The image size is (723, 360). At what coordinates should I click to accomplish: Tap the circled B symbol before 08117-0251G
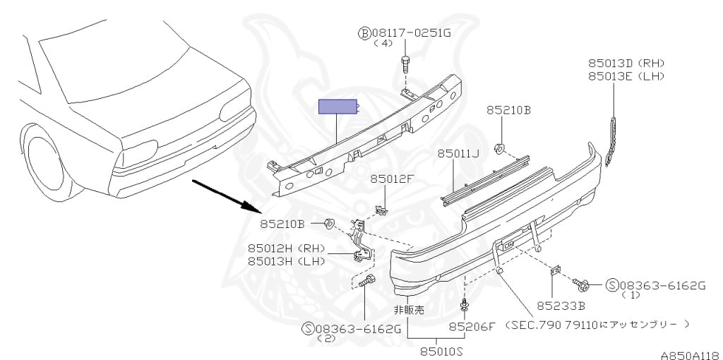(x=364, y=32)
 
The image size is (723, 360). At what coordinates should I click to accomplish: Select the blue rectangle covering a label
(x=337, y=107)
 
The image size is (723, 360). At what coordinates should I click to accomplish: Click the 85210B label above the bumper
(x=508, y=111)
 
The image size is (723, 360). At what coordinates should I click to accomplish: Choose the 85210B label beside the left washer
(x=282, y=224)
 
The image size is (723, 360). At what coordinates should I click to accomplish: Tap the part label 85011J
(x=458, y=153)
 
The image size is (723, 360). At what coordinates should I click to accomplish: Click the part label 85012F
(x=394, y=179)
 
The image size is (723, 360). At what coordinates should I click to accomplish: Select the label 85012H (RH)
(x=285, y=248)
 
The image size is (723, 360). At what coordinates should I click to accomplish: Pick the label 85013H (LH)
(x=285, y=260)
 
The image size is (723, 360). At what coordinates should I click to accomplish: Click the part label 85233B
(x=561, y=306)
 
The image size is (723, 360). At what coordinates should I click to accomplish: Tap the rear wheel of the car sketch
(x=48, y=162)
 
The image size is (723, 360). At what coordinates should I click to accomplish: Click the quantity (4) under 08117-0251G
(x=382, y=44)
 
